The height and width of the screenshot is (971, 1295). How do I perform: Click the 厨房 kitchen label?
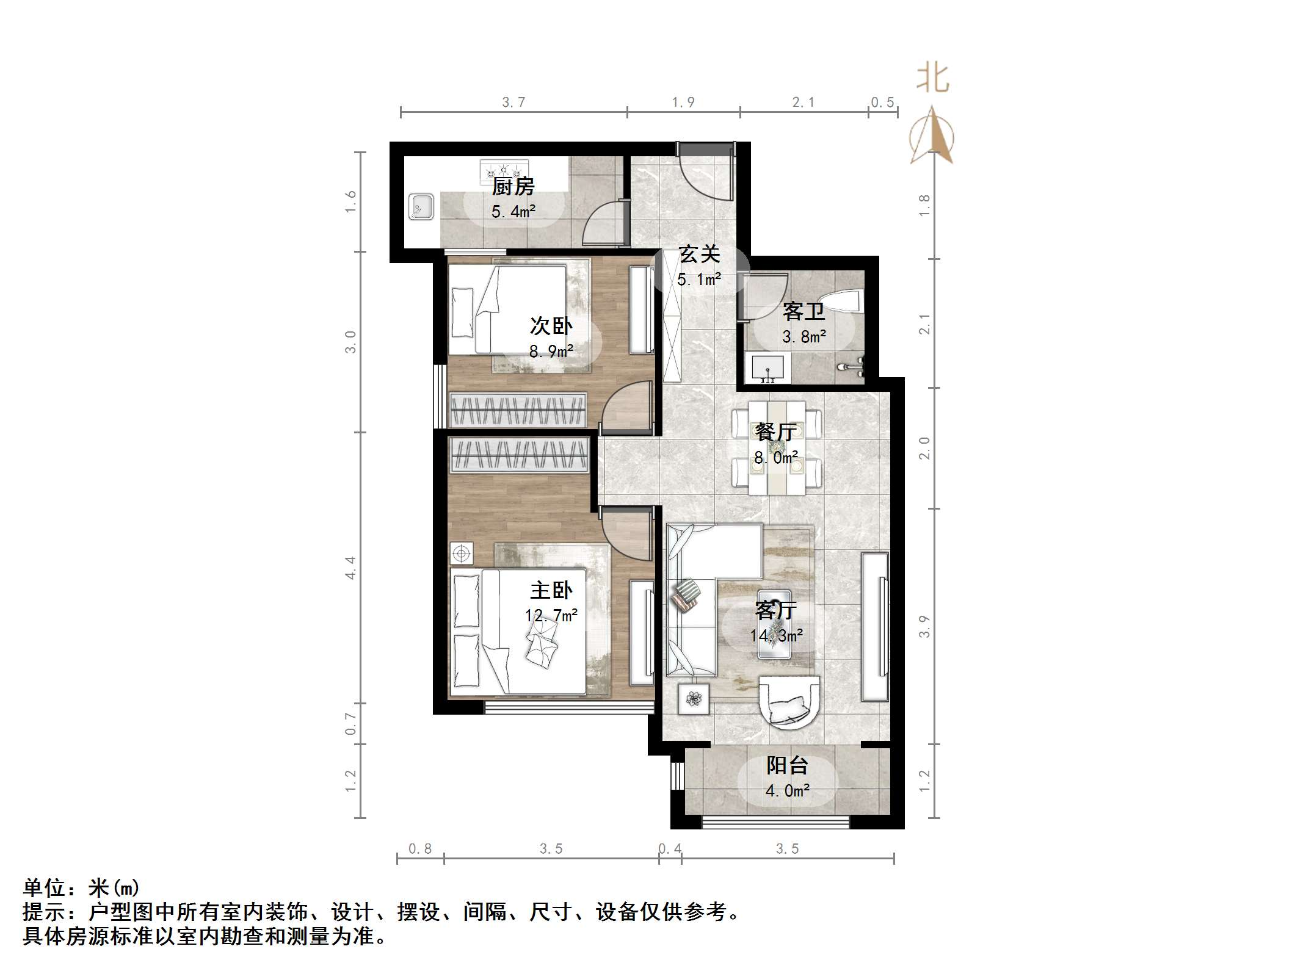click(x=513, y=186)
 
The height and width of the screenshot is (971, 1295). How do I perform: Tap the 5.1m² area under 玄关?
click(x=698, y=280)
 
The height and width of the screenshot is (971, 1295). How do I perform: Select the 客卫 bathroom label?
click(x=803, y=312)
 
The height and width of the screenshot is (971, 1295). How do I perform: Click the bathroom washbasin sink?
click(x=767, y=368)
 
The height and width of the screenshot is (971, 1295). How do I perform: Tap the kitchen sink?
click(x=421, y=207)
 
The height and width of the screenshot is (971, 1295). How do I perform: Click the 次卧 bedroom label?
click(x=551, y=326)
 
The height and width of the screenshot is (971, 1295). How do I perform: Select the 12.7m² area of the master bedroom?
click(x=551, y=615)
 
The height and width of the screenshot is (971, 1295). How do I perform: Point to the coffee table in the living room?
click(x=774, y=624)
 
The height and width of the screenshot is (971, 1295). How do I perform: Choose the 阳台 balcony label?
click(x=787, y=765)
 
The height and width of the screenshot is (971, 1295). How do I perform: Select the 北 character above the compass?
click(x=932, y=79)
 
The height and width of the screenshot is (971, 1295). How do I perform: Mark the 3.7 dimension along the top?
click(x=513, y=103)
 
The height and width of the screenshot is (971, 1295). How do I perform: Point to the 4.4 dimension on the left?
click(x=350, y=568)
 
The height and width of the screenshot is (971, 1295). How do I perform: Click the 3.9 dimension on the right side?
click(x=924, y=626)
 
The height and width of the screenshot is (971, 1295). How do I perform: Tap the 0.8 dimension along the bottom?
click(x=420, y=849)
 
